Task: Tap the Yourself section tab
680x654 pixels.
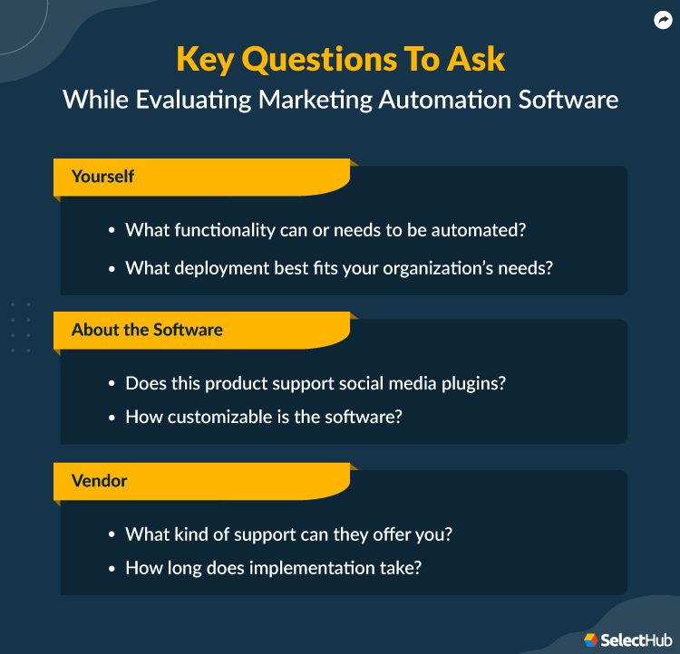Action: point(102,177)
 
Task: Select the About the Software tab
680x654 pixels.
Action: point(147,330)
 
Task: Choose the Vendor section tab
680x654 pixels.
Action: point(99,481)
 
